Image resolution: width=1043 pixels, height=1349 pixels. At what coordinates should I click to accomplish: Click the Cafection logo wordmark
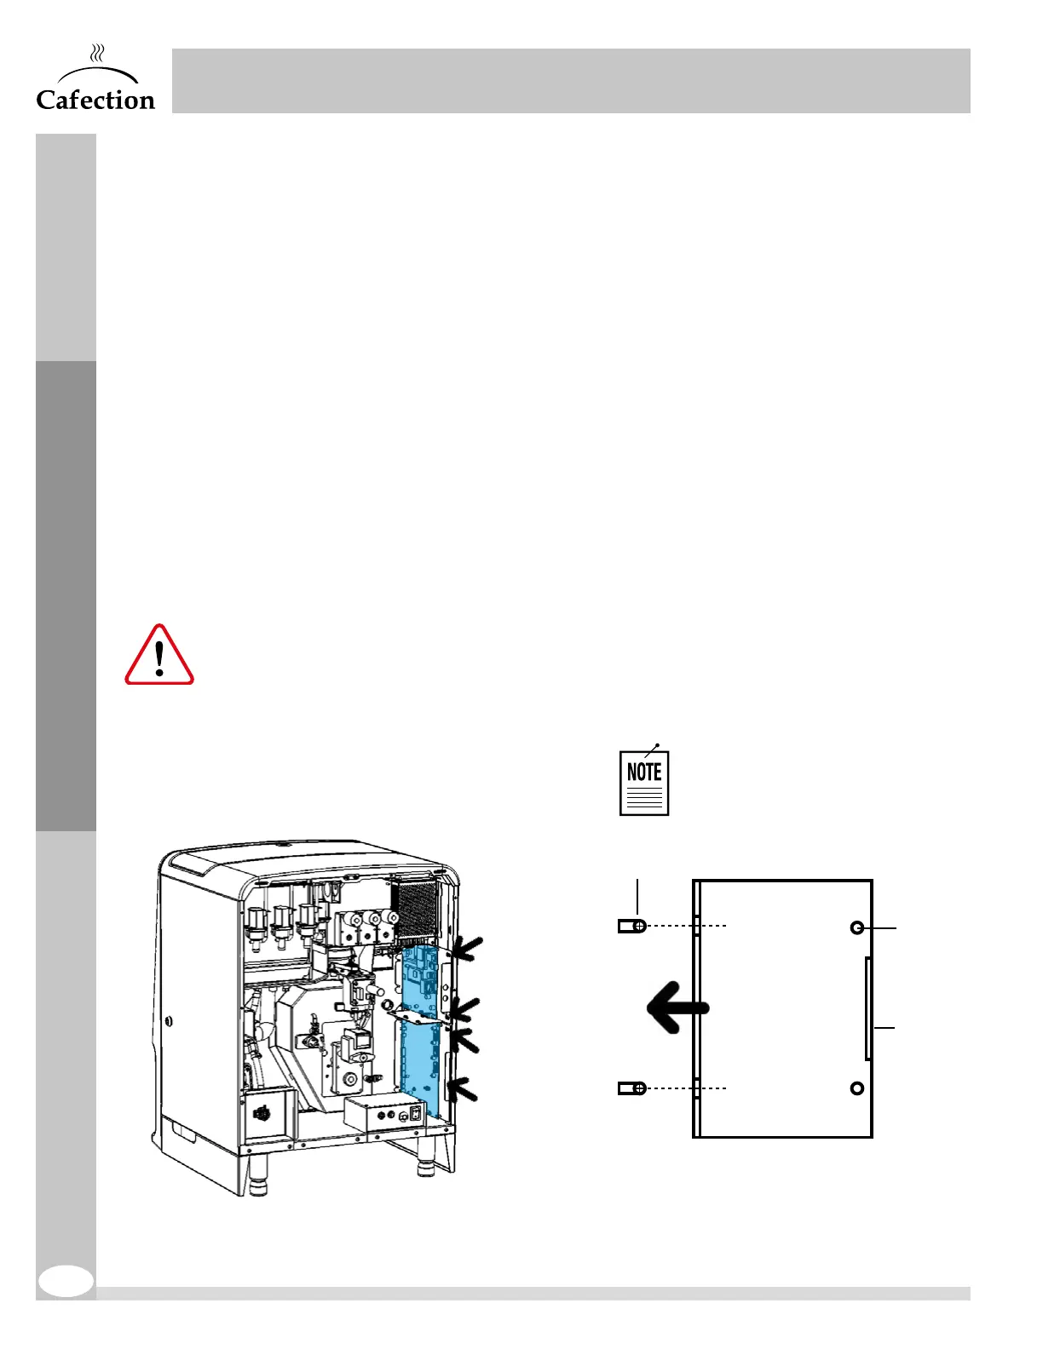point(95,100)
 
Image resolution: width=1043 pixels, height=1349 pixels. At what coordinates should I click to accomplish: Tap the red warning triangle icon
point(159,657)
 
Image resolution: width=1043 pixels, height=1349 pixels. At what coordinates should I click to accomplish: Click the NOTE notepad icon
point(644,783)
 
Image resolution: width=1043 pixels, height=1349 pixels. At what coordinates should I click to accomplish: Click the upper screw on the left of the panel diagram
point(632,926)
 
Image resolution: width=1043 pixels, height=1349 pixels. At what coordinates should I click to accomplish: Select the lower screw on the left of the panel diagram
point(632,1088)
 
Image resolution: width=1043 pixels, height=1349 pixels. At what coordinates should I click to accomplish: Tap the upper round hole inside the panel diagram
point(857,927)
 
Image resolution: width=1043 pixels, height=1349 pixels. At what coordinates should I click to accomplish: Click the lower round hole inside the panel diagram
point(857,1088)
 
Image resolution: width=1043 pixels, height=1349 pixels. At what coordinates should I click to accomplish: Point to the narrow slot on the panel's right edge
point(867,1008)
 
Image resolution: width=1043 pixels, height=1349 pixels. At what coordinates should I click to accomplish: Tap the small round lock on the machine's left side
point(170,1020)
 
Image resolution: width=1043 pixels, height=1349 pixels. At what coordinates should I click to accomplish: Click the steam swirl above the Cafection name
point(98,55)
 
